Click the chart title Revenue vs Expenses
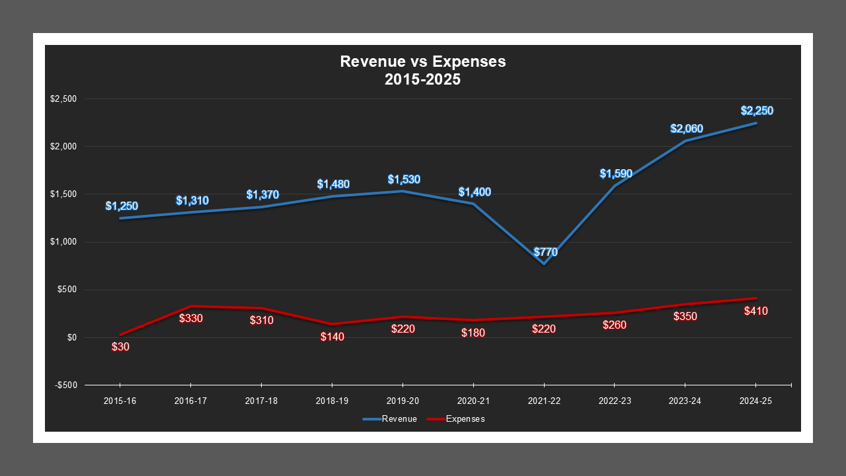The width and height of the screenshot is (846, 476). [422, 61]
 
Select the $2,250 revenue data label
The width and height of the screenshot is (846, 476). [757, 111]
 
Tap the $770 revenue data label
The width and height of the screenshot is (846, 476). [545, 252]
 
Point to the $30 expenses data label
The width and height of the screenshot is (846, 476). [120, 346]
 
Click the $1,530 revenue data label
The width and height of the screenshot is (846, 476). [404, 179]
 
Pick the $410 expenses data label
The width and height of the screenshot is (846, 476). [755, 311]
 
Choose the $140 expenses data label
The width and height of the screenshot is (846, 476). [332, 337]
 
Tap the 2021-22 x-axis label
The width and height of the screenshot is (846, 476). [544, 401]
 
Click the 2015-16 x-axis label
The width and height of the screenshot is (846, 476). [120, 401]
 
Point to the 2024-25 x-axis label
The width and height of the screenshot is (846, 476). [756, 401]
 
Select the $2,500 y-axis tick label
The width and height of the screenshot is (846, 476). [63, 99]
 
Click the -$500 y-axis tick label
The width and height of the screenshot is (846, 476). [65, 385]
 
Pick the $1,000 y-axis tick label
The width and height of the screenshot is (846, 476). [63, 242]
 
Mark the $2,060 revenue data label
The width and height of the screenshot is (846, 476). [687, 129]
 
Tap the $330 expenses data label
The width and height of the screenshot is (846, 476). [191, 318]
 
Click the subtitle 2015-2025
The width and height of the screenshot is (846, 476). [422, 79]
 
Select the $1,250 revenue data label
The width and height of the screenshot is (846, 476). [122, 206]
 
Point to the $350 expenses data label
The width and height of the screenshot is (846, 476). [685, 316]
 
